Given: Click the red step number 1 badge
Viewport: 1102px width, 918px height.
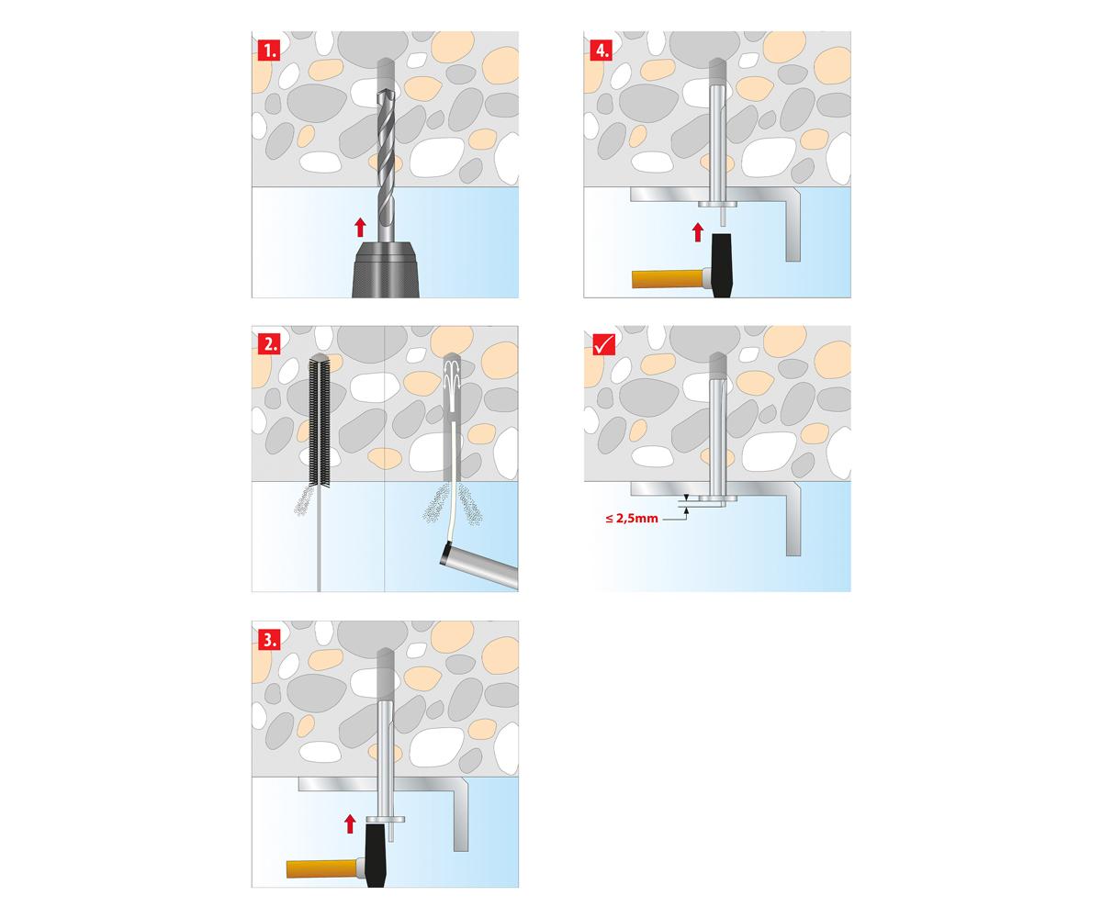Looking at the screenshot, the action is (x=269, y=50).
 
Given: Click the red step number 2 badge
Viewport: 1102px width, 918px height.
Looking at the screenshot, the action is (x=269, y=345).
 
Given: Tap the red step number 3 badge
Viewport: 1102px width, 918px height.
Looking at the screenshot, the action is (x=269, y=641).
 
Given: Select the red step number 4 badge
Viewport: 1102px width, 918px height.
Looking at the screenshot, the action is (x=602, y=50).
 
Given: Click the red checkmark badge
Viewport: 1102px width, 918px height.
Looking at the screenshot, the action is (x=603, y=344).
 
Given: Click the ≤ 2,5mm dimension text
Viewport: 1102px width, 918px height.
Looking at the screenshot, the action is (x=632, y=518).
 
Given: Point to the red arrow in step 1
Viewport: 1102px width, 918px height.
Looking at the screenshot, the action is (x=360, y=228).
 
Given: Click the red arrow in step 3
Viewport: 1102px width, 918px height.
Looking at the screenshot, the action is (x=349, y=823).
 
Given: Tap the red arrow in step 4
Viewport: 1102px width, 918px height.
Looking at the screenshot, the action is (x=698, y=232).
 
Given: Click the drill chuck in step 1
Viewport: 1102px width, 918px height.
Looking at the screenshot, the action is (x=386, y=270).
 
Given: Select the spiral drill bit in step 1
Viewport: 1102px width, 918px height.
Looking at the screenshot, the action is (x=387, y=163).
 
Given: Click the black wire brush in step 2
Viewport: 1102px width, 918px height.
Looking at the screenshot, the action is (x=320, y=421).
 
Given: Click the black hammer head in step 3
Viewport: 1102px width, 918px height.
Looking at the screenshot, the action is (x=376, y=855).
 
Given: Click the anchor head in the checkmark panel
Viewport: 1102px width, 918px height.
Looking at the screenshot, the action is (x=718, y=499).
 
